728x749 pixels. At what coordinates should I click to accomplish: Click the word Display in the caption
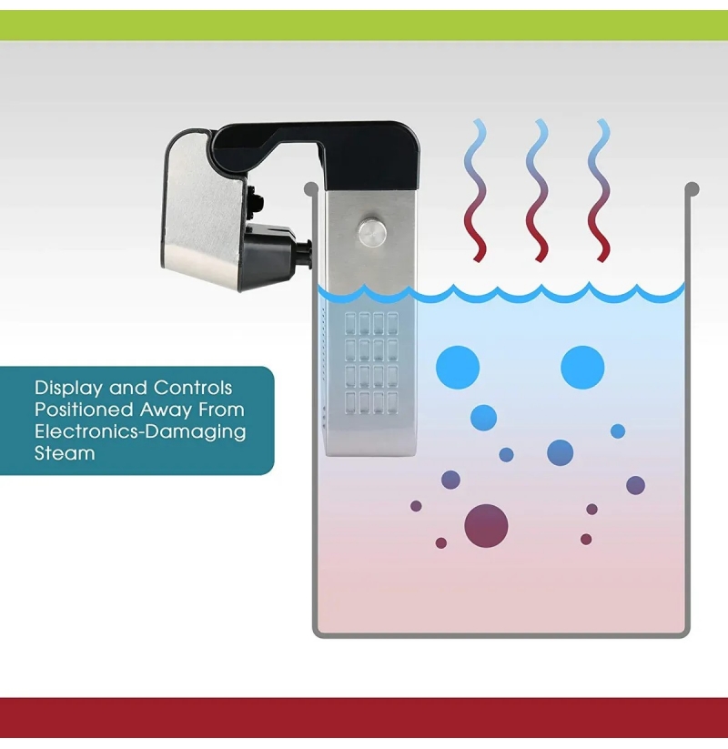(x=69, y=388)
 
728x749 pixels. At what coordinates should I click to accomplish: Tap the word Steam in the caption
(x=65, y=453)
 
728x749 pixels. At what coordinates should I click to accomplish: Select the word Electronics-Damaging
(x=140, y=431)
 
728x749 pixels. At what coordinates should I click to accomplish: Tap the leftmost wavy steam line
(x=476, y=190)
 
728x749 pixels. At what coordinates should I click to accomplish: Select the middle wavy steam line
(x=539, y=190)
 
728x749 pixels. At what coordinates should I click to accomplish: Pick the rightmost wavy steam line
(x=600, y=190)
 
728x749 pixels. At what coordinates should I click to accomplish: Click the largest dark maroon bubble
(x=486, y=525)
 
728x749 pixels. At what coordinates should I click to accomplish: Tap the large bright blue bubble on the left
(x=458, y=367)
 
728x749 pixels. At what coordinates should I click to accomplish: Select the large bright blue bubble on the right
(x=582, y=367)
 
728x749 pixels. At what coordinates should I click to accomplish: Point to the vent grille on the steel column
(x=371, y=363)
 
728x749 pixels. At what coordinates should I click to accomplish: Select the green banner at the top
(x=364, y=25)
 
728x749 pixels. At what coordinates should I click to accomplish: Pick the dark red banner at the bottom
(x=364, y=718)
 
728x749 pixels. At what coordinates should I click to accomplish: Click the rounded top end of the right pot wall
(x=693, y=189)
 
